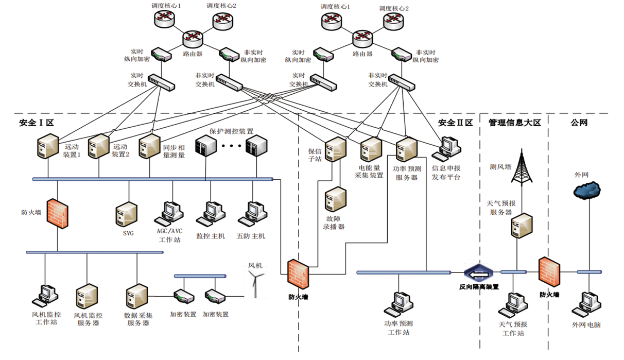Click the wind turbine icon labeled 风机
(255, 283)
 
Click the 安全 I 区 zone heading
(36, 123)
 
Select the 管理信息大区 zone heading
(515, 123)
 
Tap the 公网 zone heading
(579, 123)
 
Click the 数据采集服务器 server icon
(136, 296)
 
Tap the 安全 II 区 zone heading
(455, 123)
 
